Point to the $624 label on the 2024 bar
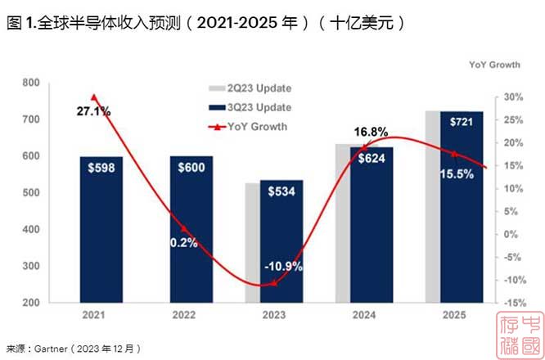372,158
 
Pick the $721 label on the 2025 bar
462,122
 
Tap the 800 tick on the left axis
31,83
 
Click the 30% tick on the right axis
514,97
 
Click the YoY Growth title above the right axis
493,64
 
